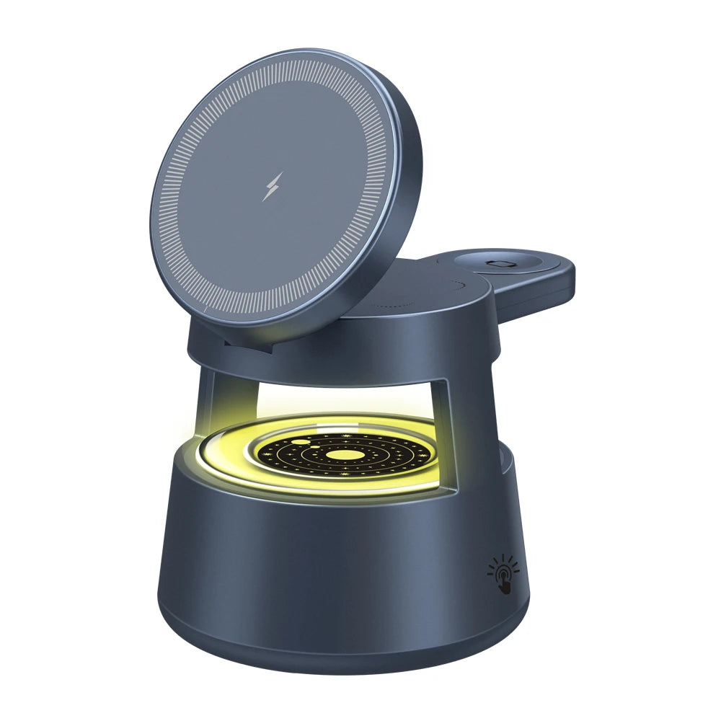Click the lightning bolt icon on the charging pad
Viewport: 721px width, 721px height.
271,187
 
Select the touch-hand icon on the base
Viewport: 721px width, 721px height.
503,575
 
